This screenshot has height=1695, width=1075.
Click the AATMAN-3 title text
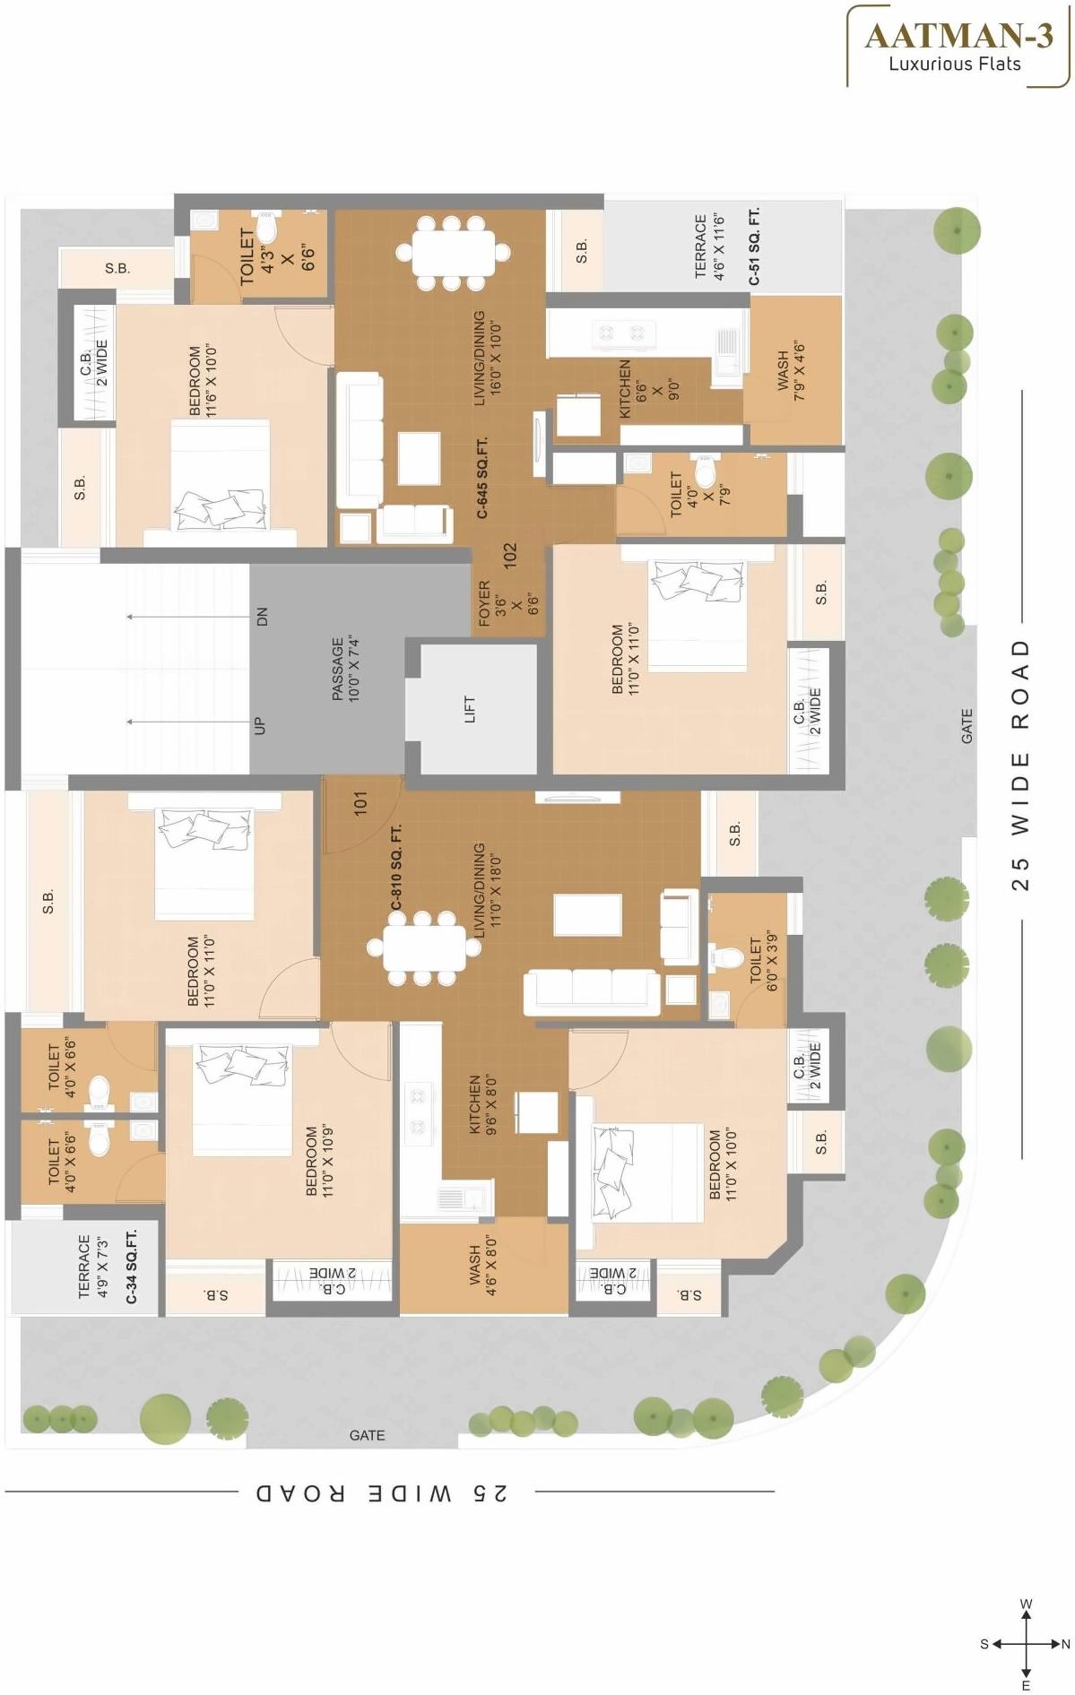(x=958, y=36)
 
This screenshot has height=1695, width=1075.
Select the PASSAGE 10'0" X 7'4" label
(x=344, y=668)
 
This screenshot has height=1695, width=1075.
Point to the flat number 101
(x=360, y=802)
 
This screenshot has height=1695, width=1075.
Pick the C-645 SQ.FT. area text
(x=482, y=478)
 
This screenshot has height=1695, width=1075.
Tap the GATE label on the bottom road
(x=367, y=1435)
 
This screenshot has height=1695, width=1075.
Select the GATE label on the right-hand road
(x=967, y=725)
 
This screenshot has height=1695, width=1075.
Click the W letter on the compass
(x=1027, y=1604)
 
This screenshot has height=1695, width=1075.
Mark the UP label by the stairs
(x=260, y=724)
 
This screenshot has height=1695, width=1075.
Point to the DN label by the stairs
(x=262, y=617)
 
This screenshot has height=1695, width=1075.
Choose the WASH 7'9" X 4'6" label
(x=792, y=369)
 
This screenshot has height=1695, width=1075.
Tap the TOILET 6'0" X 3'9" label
(x=762, y=964)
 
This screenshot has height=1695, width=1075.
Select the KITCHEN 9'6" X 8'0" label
(x=482, y=1104)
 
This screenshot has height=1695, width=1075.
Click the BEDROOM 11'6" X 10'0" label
(x=203, y=380)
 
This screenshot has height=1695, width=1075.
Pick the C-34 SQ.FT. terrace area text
(x=132, y=1266)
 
